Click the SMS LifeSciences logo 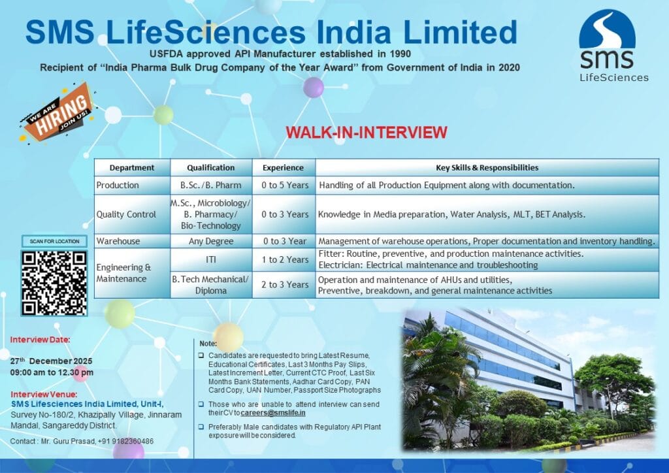click(x=607, y=46)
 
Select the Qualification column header click(x=210, y=167)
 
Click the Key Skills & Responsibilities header click(x=487, y=167)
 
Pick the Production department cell click(x=118, y=185)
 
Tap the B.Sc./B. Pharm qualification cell click(x=210, y=185)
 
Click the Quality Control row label click(x=126, y=214)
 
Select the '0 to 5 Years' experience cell click(x=285, y=185)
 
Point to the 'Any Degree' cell click(x=210, y=241)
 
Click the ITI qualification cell click(x=210, y=259)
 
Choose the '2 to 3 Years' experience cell click(x=285, y=284)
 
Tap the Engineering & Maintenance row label click(x=124, y=273)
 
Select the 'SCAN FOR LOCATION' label click(x=54, y=241)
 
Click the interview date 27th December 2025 click(x=52, y=361)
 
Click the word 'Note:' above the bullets click(x=208, y=343)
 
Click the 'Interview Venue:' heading click(x=44, y=394)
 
